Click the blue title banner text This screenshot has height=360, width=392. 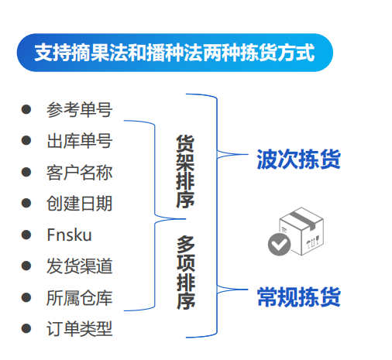point(174,53)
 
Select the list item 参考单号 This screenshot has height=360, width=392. point(80,110)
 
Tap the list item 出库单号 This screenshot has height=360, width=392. point(80,141)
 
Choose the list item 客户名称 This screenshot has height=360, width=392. point(80,173)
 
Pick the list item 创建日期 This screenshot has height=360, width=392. point(80,204)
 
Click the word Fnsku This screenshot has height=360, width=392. point(69,235)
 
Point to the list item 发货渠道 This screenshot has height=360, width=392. point(80,266)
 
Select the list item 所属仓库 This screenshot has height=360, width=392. point(80,298)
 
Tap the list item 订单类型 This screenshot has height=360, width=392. point(80,329)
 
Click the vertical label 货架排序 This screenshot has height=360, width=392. point(185,171)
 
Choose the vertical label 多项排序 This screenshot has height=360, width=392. point(186,273)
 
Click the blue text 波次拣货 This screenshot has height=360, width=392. point(298,159)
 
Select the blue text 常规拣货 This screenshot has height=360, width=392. point(298,297)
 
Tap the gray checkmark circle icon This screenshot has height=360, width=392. point(279,244)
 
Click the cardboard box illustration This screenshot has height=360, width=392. point(301,231)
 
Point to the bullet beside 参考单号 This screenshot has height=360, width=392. point(26,109)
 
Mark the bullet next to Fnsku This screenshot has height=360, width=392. point(26,235)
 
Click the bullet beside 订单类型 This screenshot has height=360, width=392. point(26,328)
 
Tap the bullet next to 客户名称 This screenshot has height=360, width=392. point(26,172)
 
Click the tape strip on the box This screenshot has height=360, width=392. point(303,220)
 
